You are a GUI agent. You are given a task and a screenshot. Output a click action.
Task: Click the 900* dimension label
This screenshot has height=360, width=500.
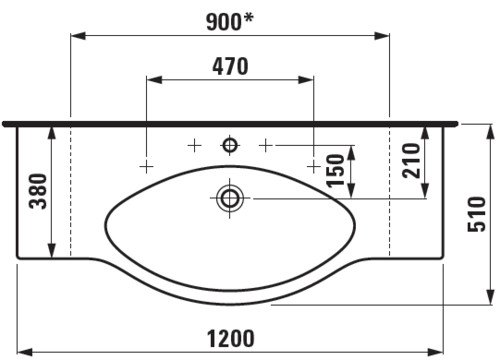pyautogui.click(x=230, y=22)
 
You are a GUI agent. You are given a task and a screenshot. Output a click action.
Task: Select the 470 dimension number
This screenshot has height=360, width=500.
pyautogui.click(x=230, y=66)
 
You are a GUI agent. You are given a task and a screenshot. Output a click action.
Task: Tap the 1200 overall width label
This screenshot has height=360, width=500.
pyautogui.click(x=231, y=338)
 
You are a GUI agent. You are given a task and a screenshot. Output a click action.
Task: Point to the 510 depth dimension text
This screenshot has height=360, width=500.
pyautogui.click(x=477, y=214)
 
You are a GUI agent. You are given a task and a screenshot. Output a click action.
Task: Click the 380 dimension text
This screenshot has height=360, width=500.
pyautogui.click(x=38, y=191)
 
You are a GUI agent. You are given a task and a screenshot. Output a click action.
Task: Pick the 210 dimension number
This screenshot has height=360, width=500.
pyautogui.click(x=411, y=161)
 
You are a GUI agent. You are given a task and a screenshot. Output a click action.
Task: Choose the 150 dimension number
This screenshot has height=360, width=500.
pyautogui.click(x=335, y=171)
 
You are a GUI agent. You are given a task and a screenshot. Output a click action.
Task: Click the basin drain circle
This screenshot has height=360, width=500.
pyautogui.click(x=229, y=198)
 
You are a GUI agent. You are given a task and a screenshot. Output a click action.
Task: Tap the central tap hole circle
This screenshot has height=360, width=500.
pyautogui.click(x=230, y=145)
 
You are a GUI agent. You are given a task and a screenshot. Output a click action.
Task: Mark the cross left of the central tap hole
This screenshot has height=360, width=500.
pyautogui.click(x=194, y=146)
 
